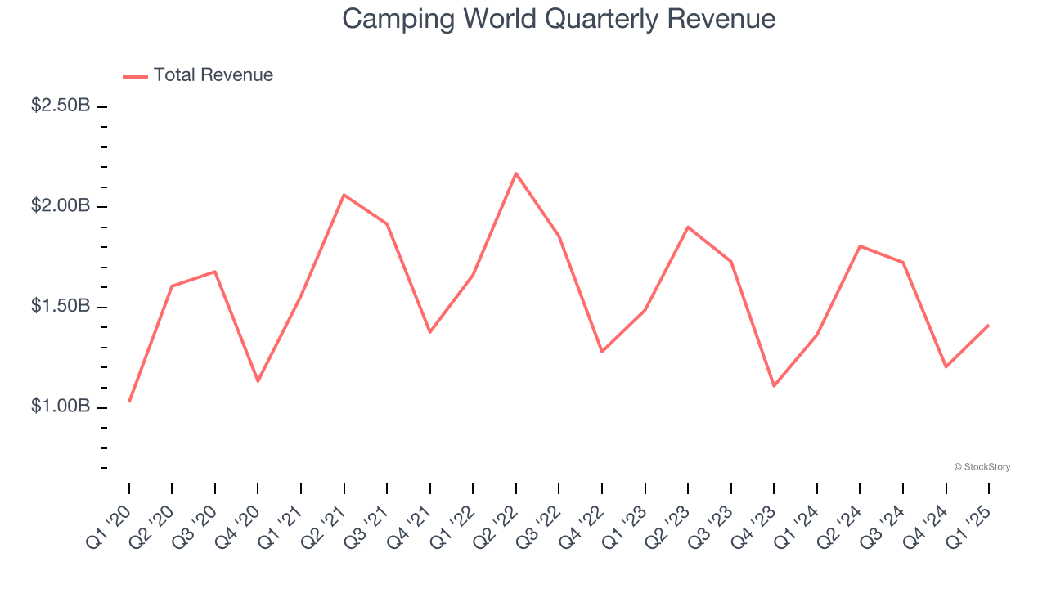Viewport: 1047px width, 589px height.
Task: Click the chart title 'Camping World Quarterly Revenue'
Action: [x=559, y=18]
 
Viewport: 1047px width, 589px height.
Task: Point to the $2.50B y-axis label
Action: [x=61, y=106]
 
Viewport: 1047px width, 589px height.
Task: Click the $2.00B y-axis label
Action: [x=61, y=206]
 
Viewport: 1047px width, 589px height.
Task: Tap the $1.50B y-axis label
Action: [x=61, y=307]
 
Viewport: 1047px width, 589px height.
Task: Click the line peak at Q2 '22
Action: [x=516, y=173]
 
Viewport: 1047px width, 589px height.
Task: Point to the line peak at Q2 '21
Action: [x=344, y=195]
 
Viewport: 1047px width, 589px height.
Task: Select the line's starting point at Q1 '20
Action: [x=129, y=402]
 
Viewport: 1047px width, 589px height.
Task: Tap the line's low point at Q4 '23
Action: [x=774, y=385]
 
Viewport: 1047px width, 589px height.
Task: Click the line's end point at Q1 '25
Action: [x=989, y=326]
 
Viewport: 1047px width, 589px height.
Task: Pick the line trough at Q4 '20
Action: [x=258, y=381]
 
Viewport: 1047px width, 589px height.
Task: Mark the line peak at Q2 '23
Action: [x=688, y=227]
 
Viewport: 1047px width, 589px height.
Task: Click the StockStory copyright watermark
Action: [x=982, y=467]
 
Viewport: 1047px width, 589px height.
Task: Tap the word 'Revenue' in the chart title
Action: [x=721, y=18]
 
